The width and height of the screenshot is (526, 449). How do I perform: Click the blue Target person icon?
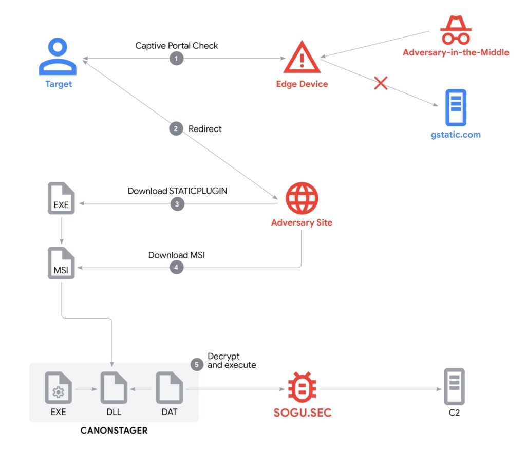pos(58,58)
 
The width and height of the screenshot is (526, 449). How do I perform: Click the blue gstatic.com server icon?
pos(456,107)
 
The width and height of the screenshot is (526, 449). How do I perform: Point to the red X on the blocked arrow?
pos(380,83)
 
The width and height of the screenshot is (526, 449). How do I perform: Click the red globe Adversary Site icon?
pos(302,198)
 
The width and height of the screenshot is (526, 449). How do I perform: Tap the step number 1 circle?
pos(176,59)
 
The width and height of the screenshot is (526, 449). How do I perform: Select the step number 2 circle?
pos(176,129)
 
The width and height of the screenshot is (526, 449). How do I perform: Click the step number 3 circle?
pos(176,204)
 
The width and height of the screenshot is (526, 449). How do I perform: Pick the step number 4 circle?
pos(176,268)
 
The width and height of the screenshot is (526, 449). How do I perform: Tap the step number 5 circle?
pos(197,364)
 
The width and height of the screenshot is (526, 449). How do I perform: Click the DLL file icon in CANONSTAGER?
pos(114,389)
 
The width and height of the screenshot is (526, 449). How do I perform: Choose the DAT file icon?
pos(170,389)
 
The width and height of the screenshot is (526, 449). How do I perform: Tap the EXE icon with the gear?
pos(58,389)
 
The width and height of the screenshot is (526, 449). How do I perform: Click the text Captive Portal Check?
pos(176,46)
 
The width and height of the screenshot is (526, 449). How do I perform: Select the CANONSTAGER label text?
pos(114,431)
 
